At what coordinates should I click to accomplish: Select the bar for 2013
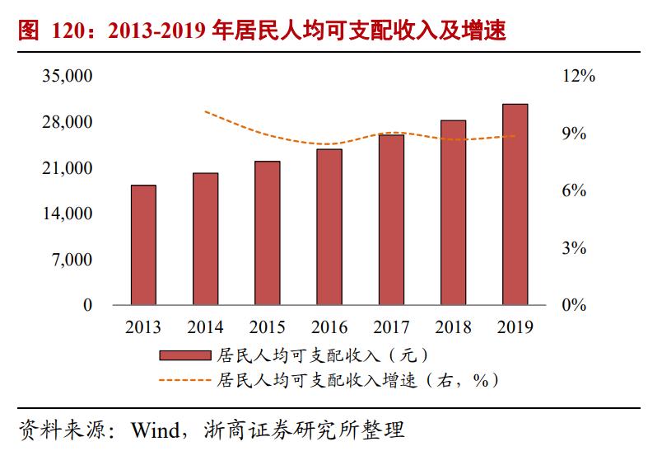(143, 245)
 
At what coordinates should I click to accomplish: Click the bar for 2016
(329, 227)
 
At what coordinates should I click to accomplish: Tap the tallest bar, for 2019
(515, 204)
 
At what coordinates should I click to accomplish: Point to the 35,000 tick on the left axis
(68, 77)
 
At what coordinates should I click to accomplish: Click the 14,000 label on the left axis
(68, 214)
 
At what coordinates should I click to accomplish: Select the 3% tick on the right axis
(573, 248)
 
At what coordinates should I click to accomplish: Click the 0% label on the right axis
(573, 306)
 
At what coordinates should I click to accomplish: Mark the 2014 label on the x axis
(205, 327)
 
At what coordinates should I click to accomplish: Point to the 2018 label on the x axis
(453, 327)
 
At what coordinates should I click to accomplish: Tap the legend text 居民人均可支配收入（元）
(322, 355)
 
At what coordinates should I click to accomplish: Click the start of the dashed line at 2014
(205, 111)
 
